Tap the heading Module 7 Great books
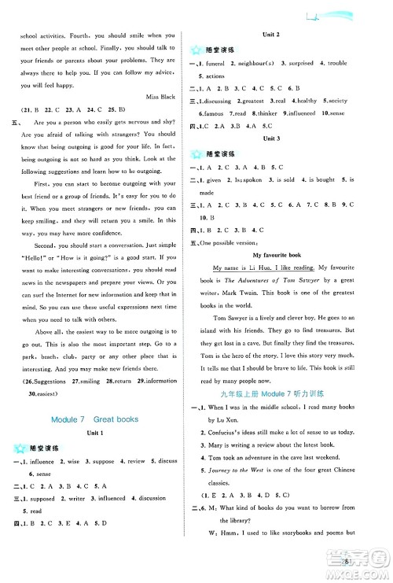point(94,419)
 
